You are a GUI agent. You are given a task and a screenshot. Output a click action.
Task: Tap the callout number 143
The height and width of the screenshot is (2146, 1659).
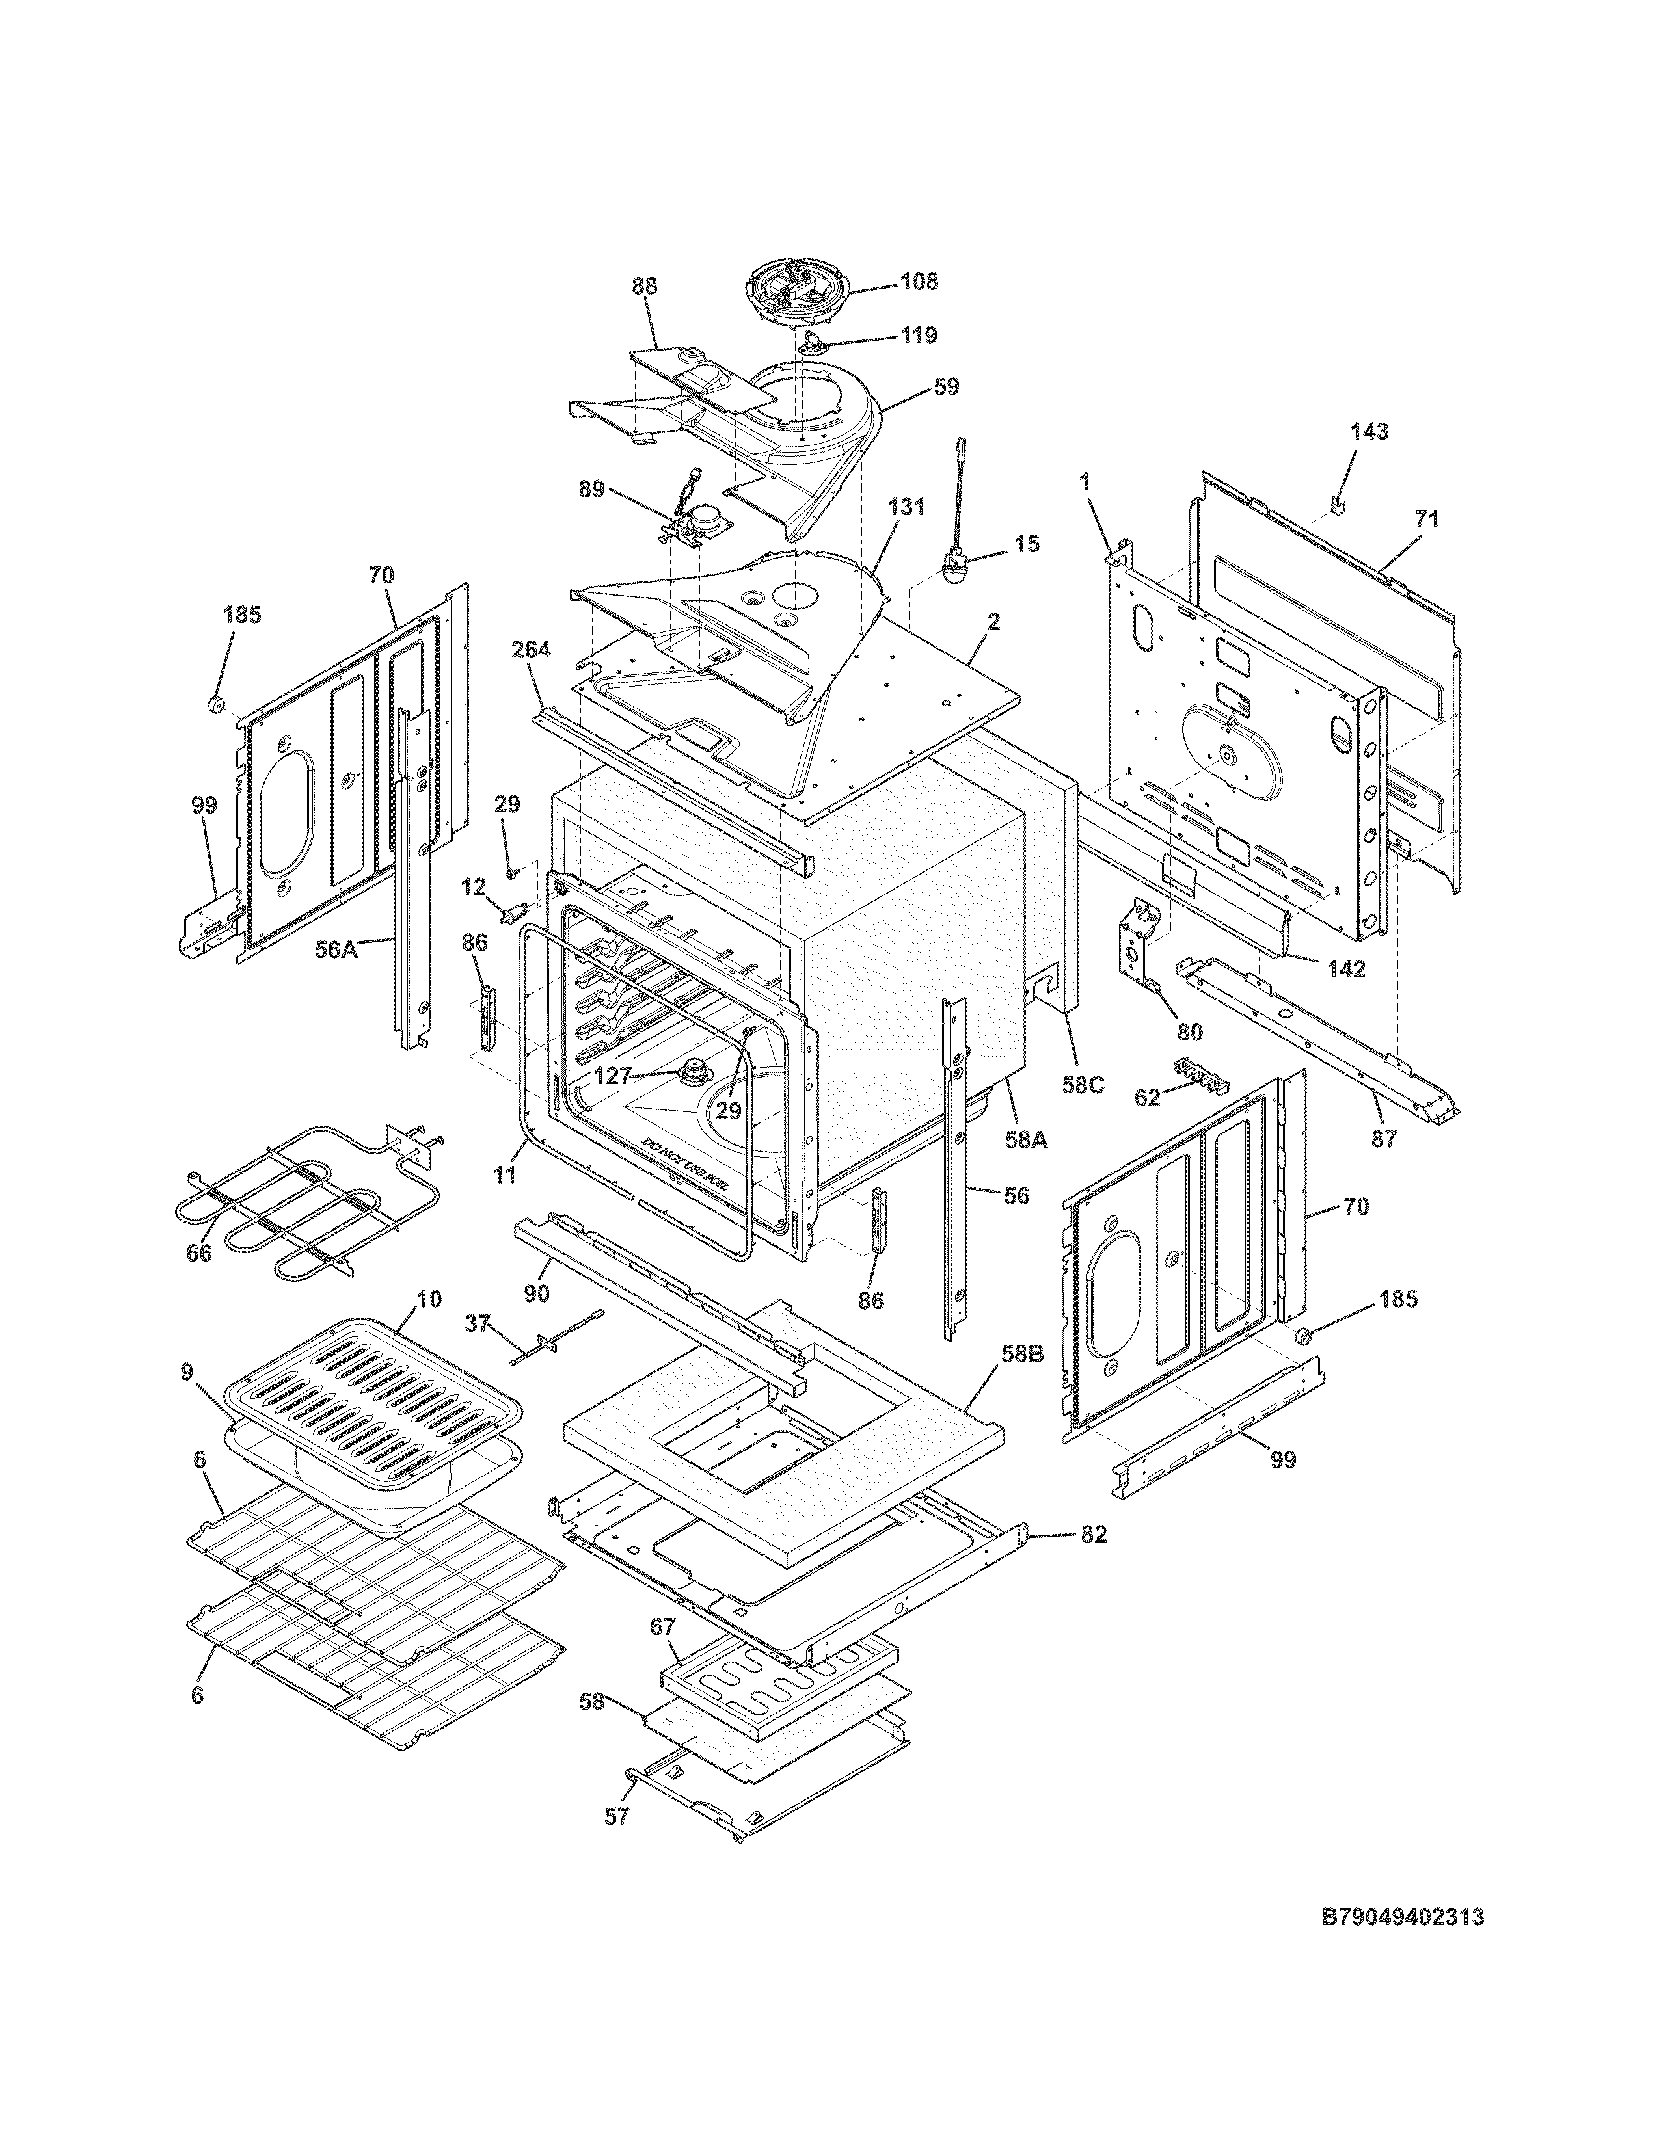1369,431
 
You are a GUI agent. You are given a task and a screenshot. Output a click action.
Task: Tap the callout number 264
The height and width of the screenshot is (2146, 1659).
531,650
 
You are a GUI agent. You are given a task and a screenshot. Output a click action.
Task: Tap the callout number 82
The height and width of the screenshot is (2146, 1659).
1093,1534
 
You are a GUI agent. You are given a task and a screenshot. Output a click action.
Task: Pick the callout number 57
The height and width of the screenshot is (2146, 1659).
615,1817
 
